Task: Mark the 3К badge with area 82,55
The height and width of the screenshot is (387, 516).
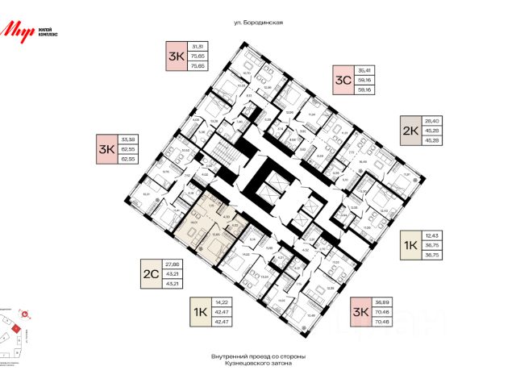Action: pos(106,148)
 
